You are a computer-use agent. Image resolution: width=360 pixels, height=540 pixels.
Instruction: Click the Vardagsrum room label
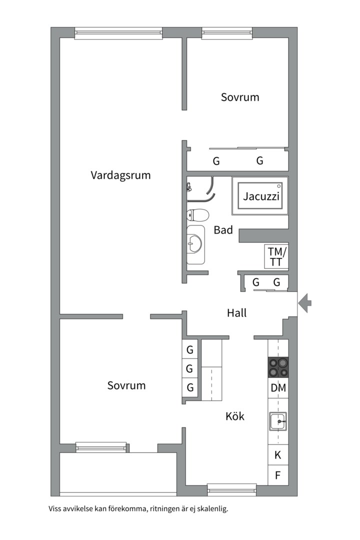(x=120, y=175)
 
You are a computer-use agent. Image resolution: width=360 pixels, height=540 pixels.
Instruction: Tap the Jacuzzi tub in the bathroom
(x=260, y=196)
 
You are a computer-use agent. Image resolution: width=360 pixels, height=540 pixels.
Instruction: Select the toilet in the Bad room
(x=197, y=215)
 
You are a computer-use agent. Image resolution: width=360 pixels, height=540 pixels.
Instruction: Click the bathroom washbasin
(x=195, y=244)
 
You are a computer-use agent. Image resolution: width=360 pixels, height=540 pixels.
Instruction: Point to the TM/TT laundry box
(x=276, y=256)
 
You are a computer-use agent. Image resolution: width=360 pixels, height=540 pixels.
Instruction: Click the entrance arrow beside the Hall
(x=305, y=302)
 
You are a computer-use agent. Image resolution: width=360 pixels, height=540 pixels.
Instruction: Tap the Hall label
(x=236, y=313)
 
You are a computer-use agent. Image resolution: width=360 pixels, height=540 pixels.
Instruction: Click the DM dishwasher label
(x=278, y=387)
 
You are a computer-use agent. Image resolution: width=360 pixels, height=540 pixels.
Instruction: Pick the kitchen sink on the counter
(x=277, y=421)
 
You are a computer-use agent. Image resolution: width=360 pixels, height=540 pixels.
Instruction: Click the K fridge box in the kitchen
(x=278, y=455)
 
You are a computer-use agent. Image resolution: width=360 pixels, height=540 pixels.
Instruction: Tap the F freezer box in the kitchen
(x=278, y=475)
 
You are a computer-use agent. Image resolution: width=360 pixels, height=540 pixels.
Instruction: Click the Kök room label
(x=235, y=416)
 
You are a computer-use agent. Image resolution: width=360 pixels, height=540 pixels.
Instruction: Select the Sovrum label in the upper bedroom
(x=240, y=97)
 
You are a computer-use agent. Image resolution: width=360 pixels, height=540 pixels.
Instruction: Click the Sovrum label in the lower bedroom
(x=126, y=385)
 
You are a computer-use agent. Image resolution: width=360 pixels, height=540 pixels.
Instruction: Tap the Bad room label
(x=223, y=230)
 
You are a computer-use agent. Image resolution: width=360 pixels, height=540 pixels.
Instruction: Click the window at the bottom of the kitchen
(x=231, y=489)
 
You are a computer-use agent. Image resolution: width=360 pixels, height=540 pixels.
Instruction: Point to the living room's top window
(x=118, y=33)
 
